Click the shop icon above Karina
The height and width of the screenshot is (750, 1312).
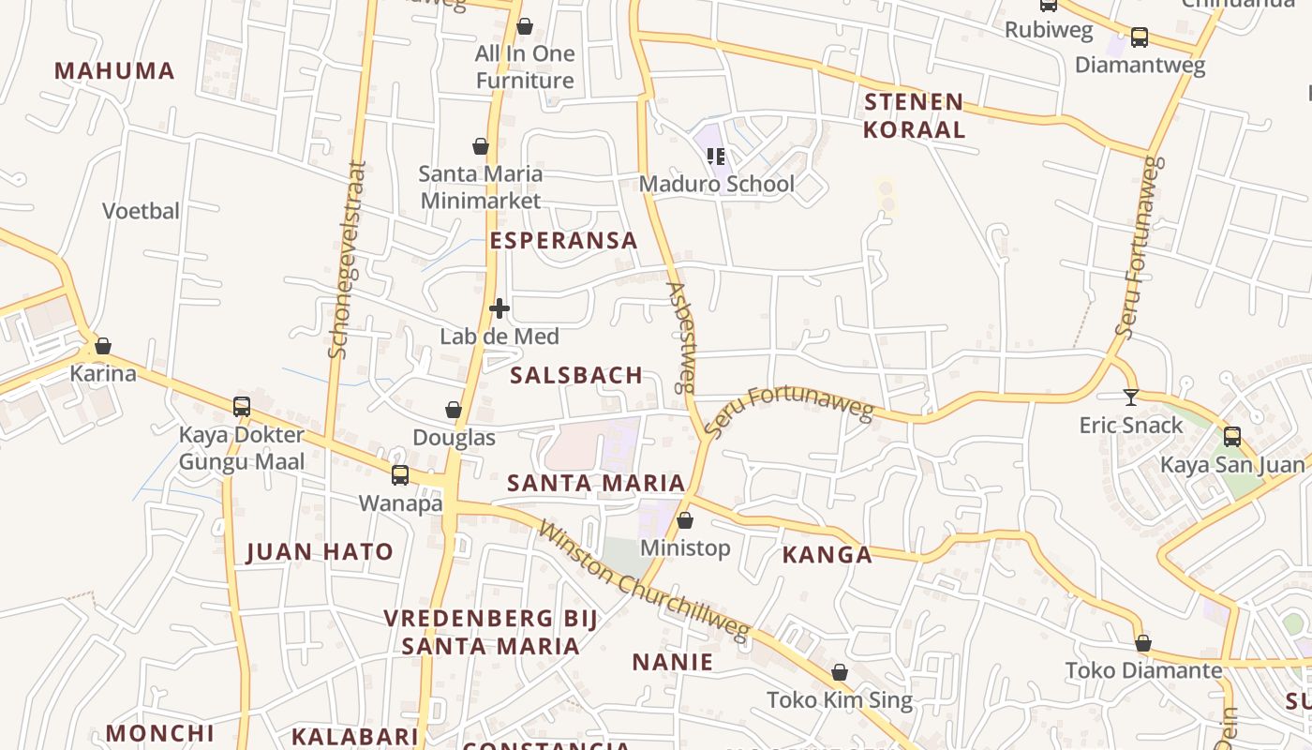pos(103,346)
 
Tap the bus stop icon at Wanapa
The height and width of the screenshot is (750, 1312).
pos(400,475)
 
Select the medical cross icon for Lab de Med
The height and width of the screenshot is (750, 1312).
pos(499,307)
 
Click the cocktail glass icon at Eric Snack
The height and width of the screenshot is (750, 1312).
pos(1131,397)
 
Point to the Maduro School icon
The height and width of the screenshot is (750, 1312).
pos(716,156)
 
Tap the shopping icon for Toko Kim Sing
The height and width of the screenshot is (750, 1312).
pos(840,672)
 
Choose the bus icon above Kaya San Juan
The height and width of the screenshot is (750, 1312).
pos(1231,436)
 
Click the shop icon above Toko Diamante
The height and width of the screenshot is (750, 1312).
pos(1143,643)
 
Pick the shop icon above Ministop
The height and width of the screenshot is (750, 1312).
pos(685,520)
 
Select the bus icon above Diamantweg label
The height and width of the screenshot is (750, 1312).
pos(1140,37)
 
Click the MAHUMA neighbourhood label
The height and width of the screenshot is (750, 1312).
pos(114,70)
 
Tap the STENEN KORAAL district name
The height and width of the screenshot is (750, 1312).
pos(914,115)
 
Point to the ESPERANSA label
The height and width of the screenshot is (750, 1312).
pos(563,240)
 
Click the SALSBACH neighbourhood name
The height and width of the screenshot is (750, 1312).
pos(576,375)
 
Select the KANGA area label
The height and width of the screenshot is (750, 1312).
pos(827,554)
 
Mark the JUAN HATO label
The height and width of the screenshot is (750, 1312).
pos(320,551)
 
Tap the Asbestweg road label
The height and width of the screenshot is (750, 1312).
pos(682,337)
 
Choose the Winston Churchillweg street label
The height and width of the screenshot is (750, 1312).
pos(645,582)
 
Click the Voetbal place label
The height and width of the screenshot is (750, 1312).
pos(141,211)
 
